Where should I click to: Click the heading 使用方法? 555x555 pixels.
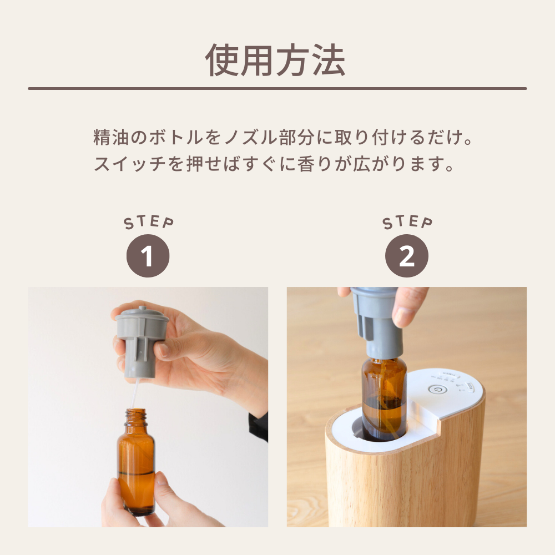point(276,59)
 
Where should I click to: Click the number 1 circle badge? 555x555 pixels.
point(148,256)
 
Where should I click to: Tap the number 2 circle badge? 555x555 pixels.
point(407,256)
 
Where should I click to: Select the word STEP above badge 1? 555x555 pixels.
point(148,223)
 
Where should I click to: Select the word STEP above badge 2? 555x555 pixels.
point(407,223)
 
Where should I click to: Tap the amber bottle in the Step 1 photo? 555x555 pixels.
point(136,466)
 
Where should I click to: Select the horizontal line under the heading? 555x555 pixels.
point(277,88)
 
